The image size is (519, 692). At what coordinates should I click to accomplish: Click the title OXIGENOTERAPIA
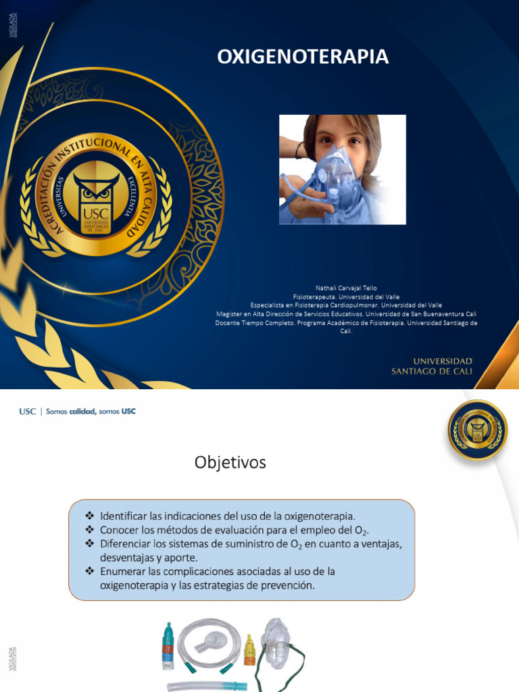point(303,57)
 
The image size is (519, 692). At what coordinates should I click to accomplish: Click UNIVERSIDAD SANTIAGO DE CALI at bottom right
point(432,366)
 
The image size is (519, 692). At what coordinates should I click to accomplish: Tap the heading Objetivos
point(230,462)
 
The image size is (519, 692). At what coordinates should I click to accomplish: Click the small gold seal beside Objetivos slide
point(477,430)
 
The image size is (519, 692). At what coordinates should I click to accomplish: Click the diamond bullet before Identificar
point(91,516)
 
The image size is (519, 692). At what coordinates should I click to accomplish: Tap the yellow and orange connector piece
point(249,649)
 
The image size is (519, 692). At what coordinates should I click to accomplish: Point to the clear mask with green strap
point(278,645)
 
